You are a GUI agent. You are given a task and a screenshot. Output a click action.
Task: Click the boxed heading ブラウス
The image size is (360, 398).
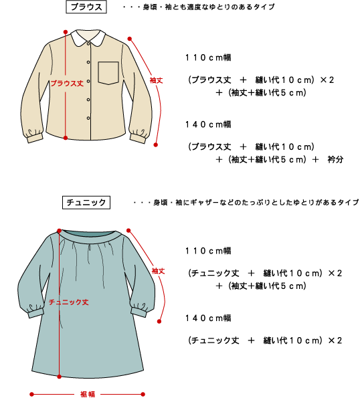tap(86, 7)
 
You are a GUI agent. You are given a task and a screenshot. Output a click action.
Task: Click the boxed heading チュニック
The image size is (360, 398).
tap(86, 202)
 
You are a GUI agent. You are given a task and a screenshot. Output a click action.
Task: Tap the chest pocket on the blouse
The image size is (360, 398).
tap(108, 73)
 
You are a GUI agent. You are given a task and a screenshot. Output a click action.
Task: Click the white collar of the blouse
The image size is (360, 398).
tap(88, 37)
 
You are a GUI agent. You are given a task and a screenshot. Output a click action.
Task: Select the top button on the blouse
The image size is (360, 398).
tap(88, 43)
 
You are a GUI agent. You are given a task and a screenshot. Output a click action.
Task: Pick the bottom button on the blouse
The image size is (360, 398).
tap(88, 118)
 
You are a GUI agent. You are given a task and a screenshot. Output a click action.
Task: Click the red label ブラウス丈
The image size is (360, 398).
tap(67, 83)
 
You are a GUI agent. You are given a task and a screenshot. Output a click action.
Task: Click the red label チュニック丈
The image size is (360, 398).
tap(68, 302)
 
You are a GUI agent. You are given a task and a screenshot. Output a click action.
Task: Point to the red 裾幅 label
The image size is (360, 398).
tap(88, 394)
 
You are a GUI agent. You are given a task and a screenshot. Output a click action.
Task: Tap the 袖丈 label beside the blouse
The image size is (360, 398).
tap(156, 80)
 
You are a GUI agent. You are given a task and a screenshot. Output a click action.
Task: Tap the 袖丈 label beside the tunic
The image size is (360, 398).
tap(158, 271)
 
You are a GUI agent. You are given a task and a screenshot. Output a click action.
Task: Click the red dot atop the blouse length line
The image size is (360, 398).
tap(66, 32)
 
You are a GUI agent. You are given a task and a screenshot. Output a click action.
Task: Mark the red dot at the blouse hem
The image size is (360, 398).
tap(66, 138)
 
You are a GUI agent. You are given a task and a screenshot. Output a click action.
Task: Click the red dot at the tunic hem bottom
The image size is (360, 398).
tap(59, 377)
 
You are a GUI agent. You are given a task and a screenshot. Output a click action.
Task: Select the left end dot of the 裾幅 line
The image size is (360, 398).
tap(31, 394)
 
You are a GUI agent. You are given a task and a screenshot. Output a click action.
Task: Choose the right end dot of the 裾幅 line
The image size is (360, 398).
tap(143, 394)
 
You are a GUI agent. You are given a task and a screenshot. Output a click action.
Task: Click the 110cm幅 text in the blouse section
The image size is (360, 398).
tap(208, 58)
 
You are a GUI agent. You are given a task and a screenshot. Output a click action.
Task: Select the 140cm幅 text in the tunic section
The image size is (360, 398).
tap(208, 318)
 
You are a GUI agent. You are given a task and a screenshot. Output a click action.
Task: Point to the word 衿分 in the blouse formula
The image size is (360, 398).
tap(335, 159)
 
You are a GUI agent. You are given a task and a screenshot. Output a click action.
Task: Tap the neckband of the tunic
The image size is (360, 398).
tap(88, 237)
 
